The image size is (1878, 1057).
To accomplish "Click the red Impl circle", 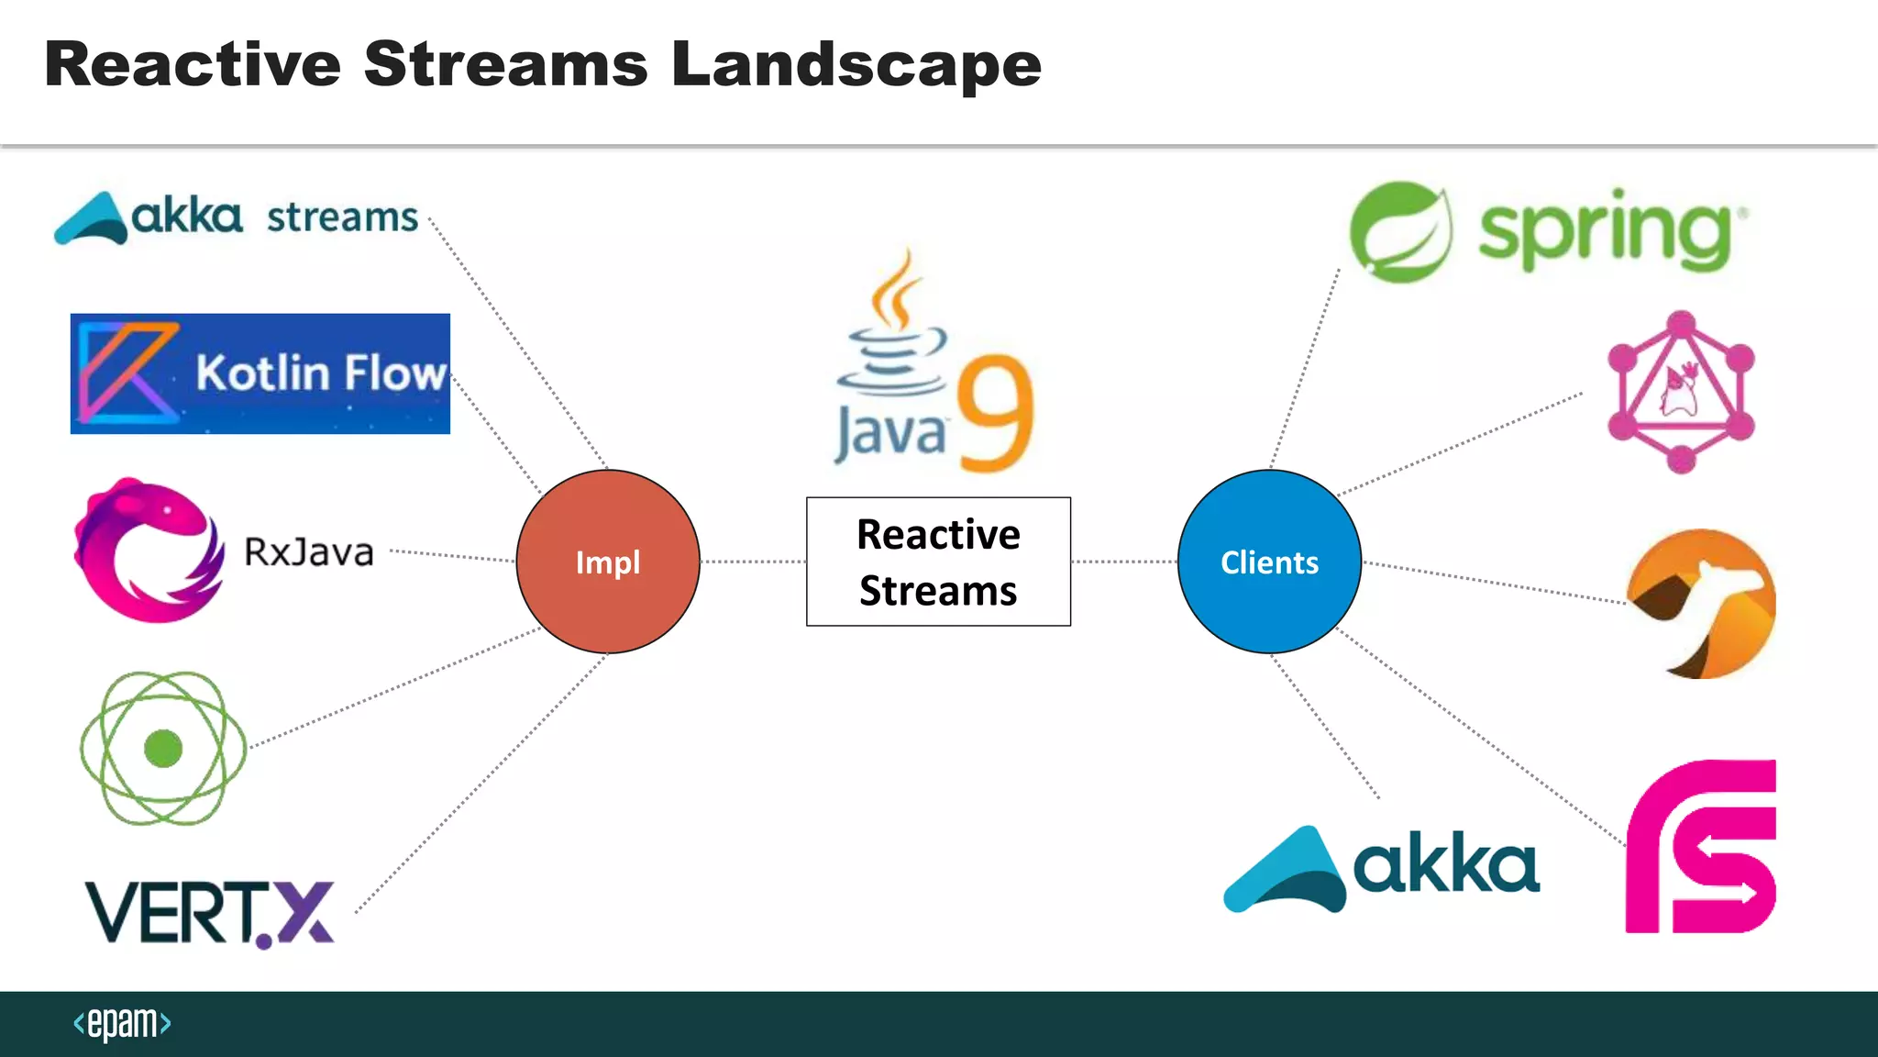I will point(608,562).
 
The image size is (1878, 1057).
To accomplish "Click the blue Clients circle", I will point(1269,562).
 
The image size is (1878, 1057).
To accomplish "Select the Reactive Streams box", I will point(938,562).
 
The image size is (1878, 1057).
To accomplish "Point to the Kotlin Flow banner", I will point(260,373).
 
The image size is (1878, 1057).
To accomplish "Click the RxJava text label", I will point(309,552).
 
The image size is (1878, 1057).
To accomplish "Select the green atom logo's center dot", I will point(163,748).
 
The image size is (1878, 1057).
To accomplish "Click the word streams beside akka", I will point(342,218).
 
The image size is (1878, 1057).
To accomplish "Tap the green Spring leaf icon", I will point(1400,232).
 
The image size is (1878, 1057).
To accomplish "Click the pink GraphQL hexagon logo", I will point(1681,392).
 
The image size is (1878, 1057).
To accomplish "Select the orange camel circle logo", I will point(1701,604).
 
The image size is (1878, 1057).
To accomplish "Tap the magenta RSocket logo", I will point(1701,846).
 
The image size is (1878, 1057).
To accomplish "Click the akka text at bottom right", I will point(1446,864).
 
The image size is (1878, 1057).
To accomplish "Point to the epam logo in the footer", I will point(122,1023).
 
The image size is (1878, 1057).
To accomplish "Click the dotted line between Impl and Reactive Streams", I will point(752,562).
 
